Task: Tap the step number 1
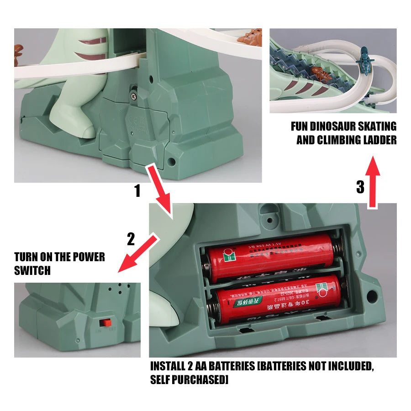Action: (x=137, y=191)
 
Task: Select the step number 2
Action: (x=131, y=239)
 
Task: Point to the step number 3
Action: (x=360, y=187)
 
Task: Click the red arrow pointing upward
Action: (x=374, y=183)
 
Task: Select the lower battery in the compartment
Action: (x=274, y=299)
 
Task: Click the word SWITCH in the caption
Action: (x=32, y=270)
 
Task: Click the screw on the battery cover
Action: (x=134, y=95)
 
